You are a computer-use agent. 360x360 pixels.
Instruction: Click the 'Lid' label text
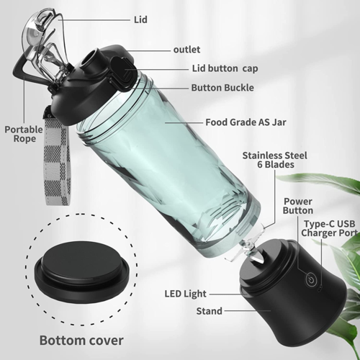pyautogui.click(x=141, y=20)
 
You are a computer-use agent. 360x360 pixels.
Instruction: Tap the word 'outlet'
pyautogui.click(x=186, y=50)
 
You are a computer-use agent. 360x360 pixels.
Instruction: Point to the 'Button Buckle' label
pyautogui.click(x=222, y=88)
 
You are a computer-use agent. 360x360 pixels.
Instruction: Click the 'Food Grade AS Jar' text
pyautogui.click(x=246, y=122)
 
